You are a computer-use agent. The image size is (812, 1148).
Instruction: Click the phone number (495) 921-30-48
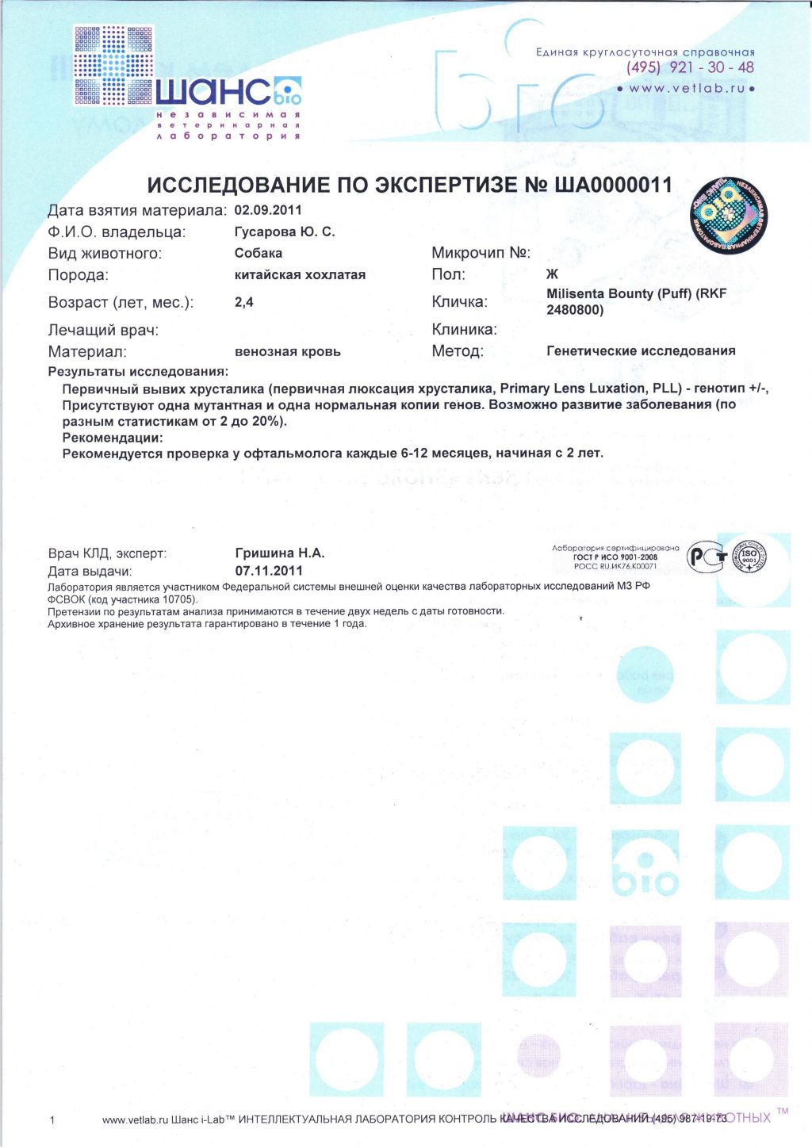[690, 67]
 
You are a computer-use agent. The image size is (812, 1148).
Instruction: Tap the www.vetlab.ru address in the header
[687, 88]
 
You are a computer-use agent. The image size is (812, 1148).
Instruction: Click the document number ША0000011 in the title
[613, 186]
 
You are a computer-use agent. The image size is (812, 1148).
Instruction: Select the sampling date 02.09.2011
[268, 210]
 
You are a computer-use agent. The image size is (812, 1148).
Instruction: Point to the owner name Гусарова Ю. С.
[285, 232]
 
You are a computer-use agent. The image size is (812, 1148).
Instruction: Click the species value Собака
[259, 253]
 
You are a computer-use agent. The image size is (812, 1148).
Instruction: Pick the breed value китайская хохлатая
[300, 274]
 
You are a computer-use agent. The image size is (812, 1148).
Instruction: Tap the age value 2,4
[243, 302]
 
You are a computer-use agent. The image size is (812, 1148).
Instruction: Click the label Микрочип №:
[481, 253]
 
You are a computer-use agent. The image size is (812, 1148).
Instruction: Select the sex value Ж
[552, 274]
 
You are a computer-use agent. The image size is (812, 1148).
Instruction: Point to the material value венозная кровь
[287, 351]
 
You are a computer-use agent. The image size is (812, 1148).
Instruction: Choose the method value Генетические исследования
[641, 350]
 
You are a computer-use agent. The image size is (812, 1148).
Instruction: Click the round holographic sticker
[727, 214]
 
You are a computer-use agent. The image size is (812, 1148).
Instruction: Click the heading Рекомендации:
[113, 437]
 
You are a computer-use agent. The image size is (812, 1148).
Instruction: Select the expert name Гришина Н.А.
[280, 553]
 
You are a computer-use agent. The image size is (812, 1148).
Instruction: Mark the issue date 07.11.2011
[269, 571]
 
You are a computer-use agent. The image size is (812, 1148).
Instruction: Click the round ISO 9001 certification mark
[749, 557]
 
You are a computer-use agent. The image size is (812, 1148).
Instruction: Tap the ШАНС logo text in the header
[214, 93]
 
